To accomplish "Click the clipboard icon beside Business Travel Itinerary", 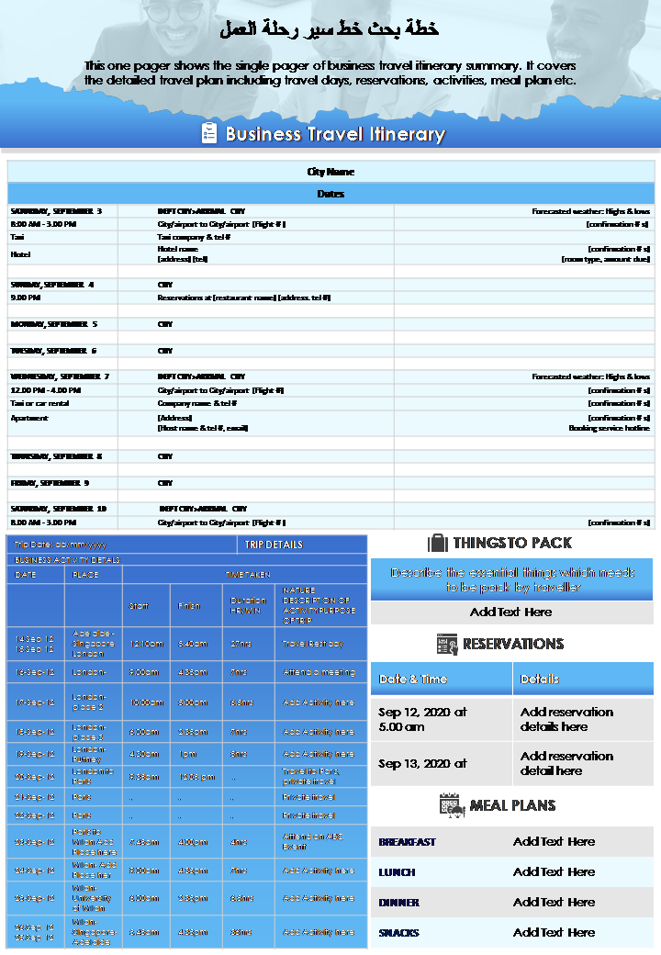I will pyautogui.click(x=209, y=134).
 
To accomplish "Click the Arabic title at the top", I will pyautogui.click(x=330, y=29).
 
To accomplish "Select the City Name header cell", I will pyautogui.click(x=330, y=172).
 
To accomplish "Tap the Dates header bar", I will pyautogui.click(x=330, y=194).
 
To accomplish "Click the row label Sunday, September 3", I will pyautogui.click(x=57, y=211).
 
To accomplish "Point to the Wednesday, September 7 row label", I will pyautogui.click(x=60, y=376).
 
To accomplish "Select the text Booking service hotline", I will pyautogui.click(x=609, y=428).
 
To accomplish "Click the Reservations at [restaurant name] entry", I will pyautogui.click(x=244, y=298).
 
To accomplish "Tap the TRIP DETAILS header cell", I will pyautogui.click(x=274, y=545).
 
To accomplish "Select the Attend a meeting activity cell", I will pyautogui.click(x=319, y=672).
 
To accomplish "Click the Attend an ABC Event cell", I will pyautogui.click(x=319, y=841).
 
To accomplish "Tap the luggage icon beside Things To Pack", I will pyautogui.click(x=438, y=543).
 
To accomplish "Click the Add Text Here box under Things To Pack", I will pyautogui.click(x=511, y=612).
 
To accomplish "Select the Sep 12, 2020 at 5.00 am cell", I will pyautogui.click(x=422, y=719).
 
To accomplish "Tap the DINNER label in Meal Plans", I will pyautogui.click(x=398, y=903).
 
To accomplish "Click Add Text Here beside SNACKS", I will pyautogui.click(x=554, y=932).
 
